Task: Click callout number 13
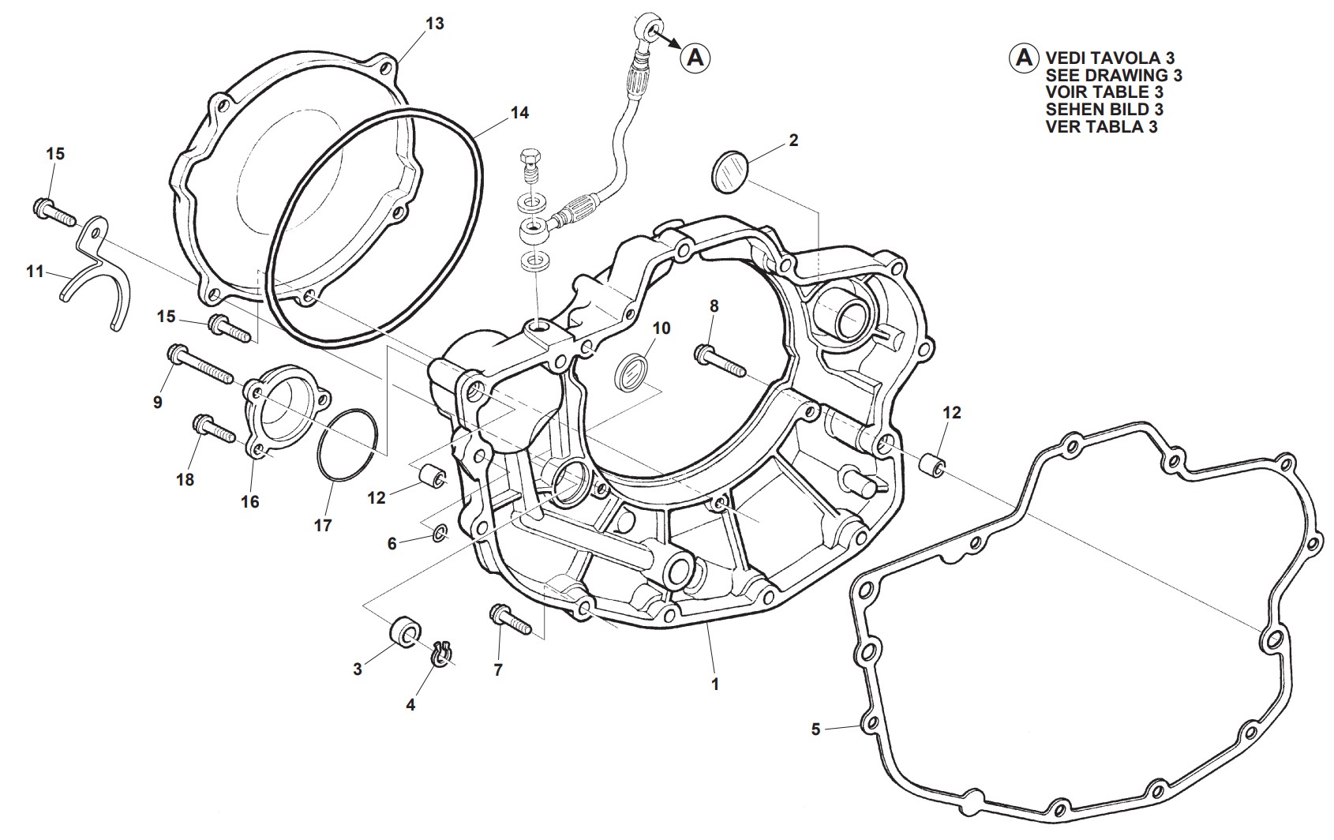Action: [435, 24]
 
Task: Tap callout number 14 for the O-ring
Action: [519, 113]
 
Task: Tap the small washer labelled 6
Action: [440, 534]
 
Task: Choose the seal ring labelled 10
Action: [631, 372]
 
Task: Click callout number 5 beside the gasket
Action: [816, 729]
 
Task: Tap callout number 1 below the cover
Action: [715, 684]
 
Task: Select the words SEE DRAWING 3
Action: [1114, 75]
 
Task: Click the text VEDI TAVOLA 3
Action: [1110, 58]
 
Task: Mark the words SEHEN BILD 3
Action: [1104, 109]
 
